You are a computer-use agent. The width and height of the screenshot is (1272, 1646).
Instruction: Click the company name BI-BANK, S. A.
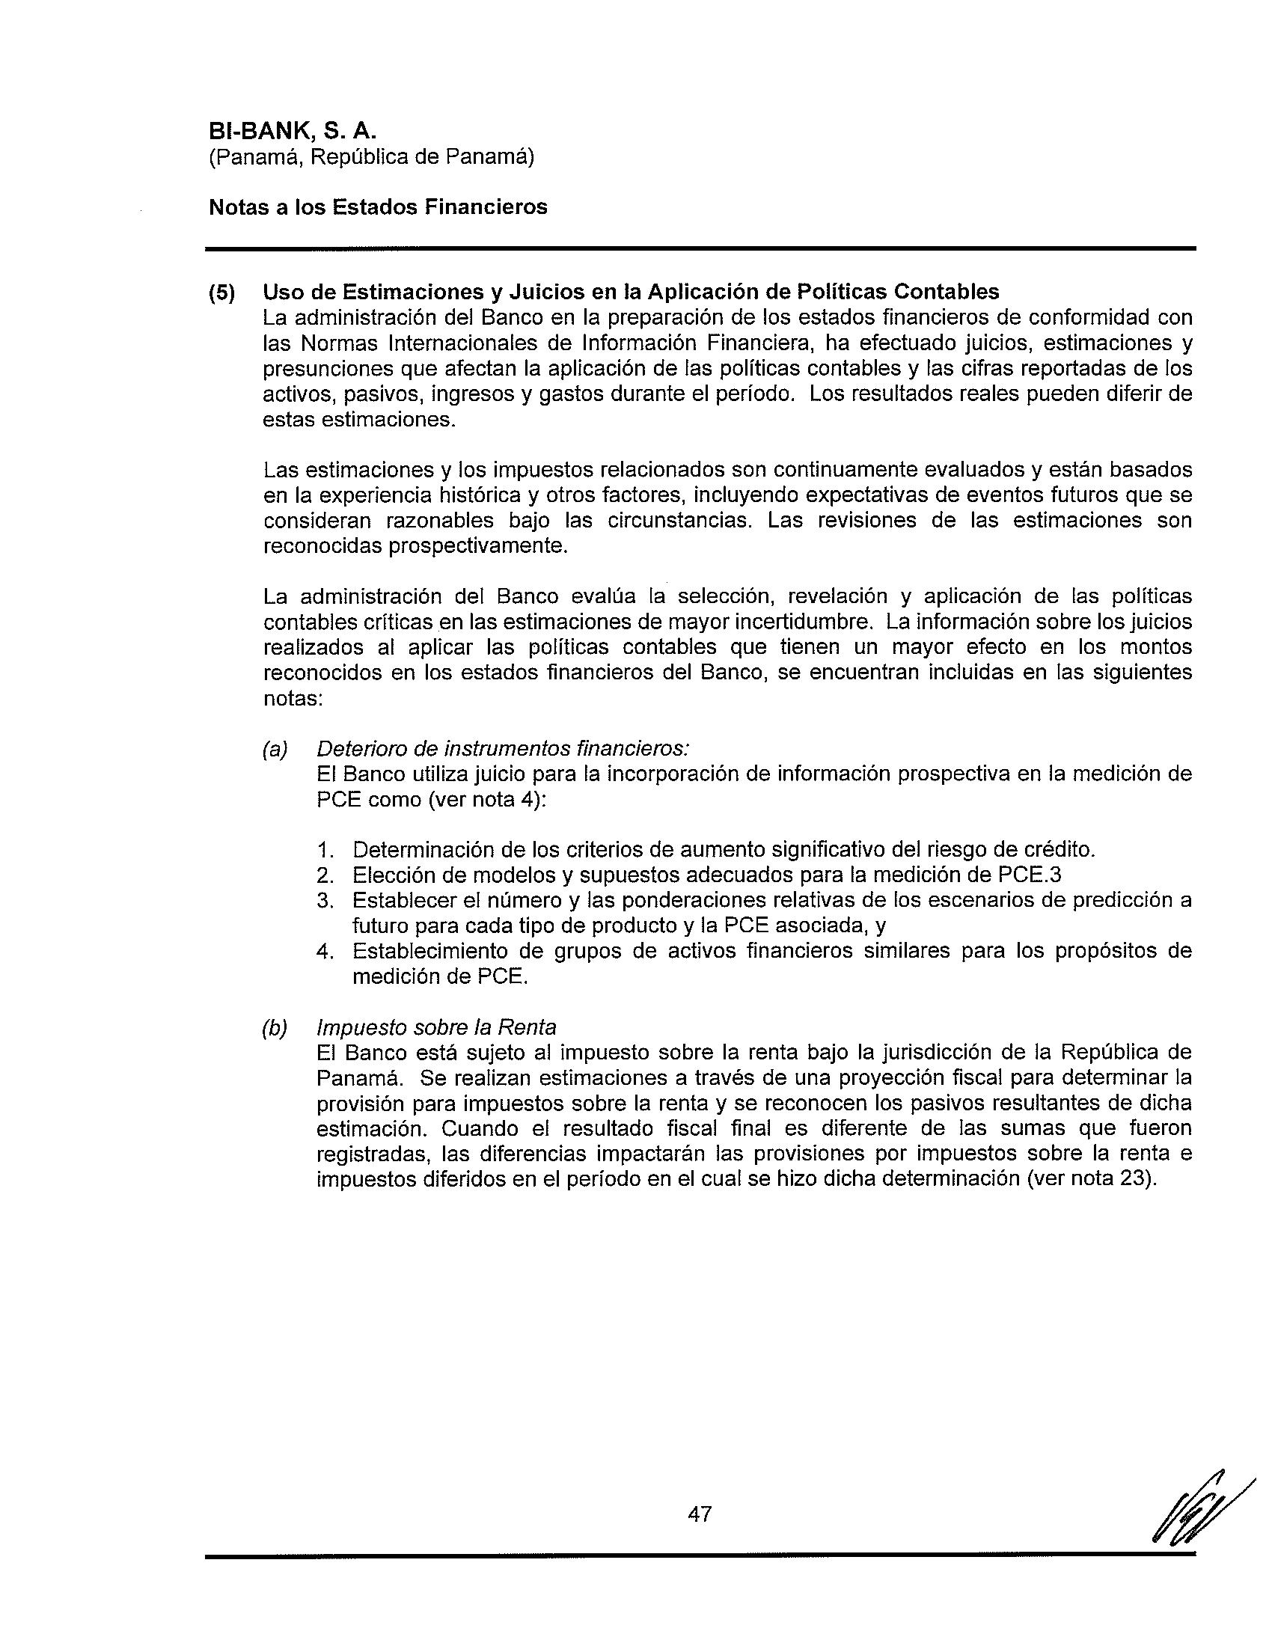(x=292, y=130)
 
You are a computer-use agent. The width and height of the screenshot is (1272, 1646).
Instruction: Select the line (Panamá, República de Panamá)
(x=372, y=157)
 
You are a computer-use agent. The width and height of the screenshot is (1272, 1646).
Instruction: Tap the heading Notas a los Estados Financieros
(x=378, y=206)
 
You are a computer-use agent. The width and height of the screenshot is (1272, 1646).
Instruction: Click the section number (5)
(x=222, y=292)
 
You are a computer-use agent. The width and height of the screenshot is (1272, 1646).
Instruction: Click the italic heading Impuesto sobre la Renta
(x=436, y=1027)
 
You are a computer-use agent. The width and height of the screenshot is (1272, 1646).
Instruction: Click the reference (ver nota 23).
(x=1091, y=1178)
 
